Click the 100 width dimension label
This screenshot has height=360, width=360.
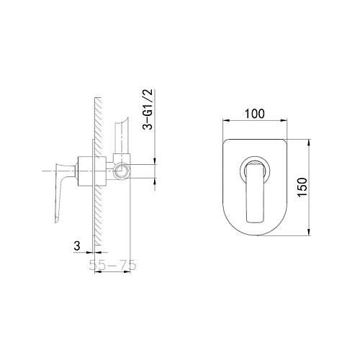(255, 114)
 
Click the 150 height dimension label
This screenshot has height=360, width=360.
(302, 187)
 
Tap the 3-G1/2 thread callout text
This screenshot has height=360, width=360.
(148, 109)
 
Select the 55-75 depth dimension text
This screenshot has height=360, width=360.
(112, 265)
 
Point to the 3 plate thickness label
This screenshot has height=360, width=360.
(77, 246)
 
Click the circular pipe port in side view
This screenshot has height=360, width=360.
(122, 171)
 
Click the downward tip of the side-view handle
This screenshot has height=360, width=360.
(56, 222)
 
